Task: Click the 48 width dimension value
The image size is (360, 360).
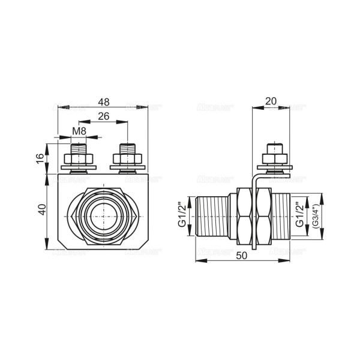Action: click(104, 102)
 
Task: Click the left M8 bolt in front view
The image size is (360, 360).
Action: click(79, 148)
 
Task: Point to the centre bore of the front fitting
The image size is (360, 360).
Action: click(103, 216)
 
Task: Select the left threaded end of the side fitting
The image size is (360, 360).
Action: click(213, 216)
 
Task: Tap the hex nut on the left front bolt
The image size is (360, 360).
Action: click(79, 158)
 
